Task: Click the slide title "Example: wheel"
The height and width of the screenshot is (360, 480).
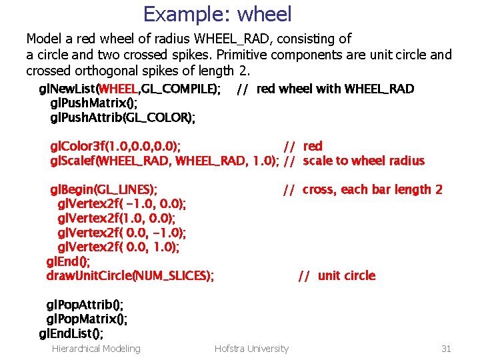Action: tap(217, 13)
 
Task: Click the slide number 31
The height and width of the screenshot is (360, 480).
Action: tap(447, 348)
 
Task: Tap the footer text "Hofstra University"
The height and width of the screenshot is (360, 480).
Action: tap(251, 348)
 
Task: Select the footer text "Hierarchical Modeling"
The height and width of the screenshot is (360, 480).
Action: tap(96, 348)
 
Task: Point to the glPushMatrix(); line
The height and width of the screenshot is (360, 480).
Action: tap(94, 103)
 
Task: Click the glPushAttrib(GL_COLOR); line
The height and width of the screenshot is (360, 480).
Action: tap(123, 118)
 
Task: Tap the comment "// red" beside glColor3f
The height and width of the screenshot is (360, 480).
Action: tap(303, 146)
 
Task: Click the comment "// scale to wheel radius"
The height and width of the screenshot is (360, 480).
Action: tap(354, 161)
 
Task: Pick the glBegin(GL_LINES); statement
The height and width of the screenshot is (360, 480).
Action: tap(104, 189)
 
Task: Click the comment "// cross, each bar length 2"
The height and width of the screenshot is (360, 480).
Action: tap(363, 189)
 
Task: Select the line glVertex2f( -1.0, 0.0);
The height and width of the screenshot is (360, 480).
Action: tap(122, 203)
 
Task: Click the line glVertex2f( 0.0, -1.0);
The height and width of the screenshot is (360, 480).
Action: tap(122, 233)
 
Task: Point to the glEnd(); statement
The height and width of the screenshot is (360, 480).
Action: tap(68, 261)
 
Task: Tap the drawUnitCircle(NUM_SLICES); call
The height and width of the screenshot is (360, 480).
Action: tap(130, 275)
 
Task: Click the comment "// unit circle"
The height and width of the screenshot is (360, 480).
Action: tap(337, 275)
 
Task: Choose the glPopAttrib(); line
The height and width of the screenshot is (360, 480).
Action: tap(85, 305)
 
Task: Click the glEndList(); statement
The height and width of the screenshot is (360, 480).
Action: tap(71, 333)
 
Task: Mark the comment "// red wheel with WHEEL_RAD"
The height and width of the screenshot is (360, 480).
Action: tap(325, 89)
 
